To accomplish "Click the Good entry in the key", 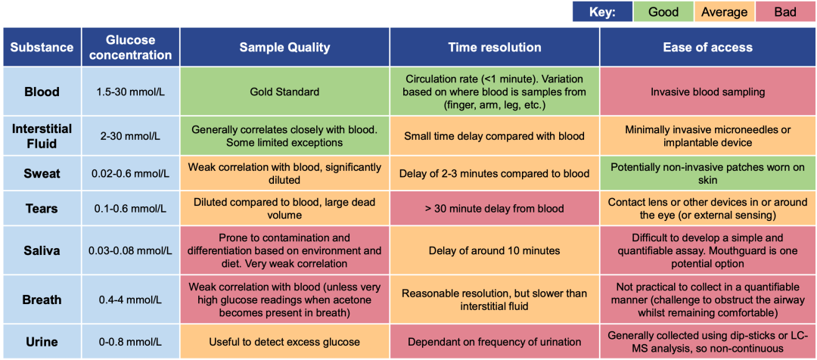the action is tap(663, 11).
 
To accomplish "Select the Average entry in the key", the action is tap(724, 11).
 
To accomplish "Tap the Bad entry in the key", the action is tap(785, 11).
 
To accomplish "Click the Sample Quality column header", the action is tap(284, 48).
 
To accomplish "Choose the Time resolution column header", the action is tap(495, 48).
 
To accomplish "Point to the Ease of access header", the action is tap(707, 48).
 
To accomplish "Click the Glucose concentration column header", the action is tap(132, 48).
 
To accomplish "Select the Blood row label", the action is tap(42, 92).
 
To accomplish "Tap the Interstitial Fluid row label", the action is tap(42, 136).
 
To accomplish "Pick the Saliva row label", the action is tap(42, 250).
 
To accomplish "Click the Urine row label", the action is tap(42, 343).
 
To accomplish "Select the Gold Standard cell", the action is tap(284, 92).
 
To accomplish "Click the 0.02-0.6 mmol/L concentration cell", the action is tap(132, 173).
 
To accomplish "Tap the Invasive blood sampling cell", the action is tap(707, 92).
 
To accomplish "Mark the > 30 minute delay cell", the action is tap(495, 209).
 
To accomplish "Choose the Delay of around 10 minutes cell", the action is tap(495, 250).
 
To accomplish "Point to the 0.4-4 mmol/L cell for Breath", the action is tap(132, 300).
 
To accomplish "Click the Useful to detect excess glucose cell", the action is tap(284, 343).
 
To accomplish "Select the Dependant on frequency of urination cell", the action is tap(495, 343).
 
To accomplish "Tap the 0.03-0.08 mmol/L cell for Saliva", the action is tap(132, 250).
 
